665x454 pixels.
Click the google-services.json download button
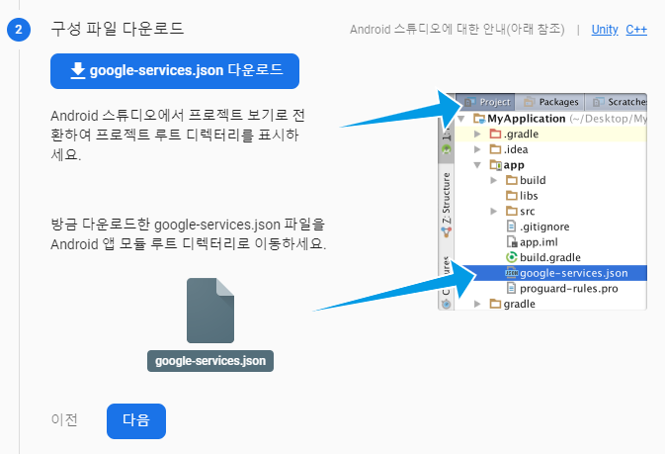click(175, 71)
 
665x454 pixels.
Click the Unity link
click(605, 30)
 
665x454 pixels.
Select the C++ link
click(636, 30)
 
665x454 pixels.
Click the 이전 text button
click(64, 419)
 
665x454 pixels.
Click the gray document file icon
click(210, 311)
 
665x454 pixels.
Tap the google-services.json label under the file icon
click(210, 361)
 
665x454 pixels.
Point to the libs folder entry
click(528, 196)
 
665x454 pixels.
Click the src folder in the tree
click(527, 212)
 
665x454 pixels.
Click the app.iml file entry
click(539, 241)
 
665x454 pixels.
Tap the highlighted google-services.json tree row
click(573, 272)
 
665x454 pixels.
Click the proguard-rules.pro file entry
click(561, 288)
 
